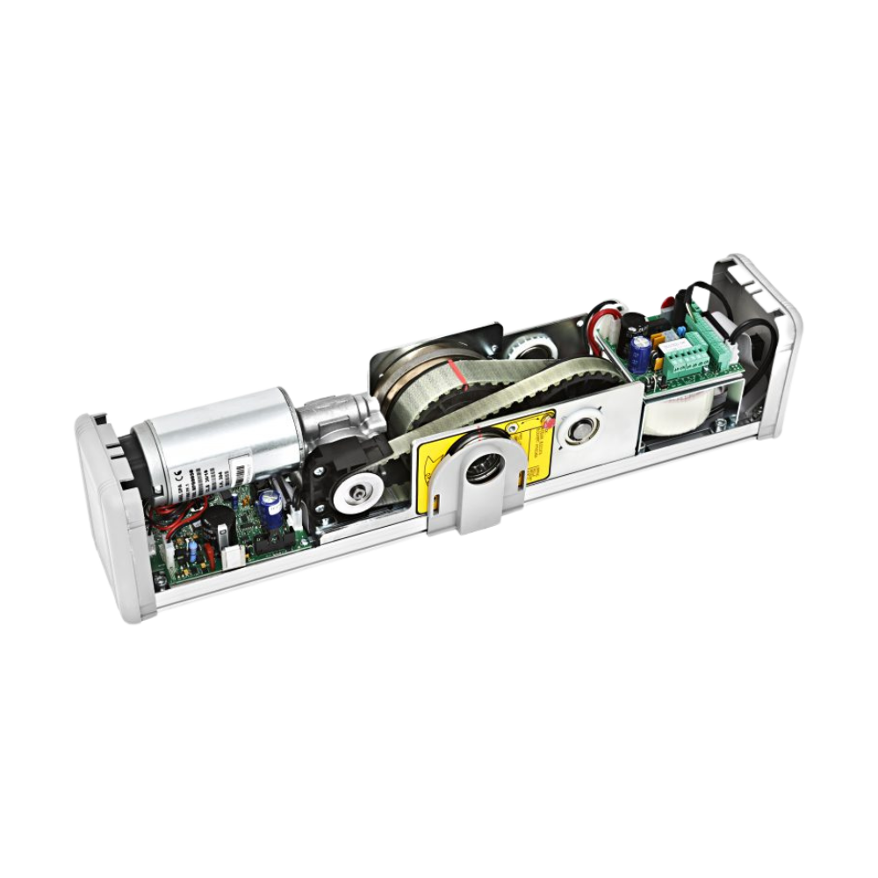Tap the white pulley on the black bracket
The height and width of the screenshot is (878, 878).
click(359, 496)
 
